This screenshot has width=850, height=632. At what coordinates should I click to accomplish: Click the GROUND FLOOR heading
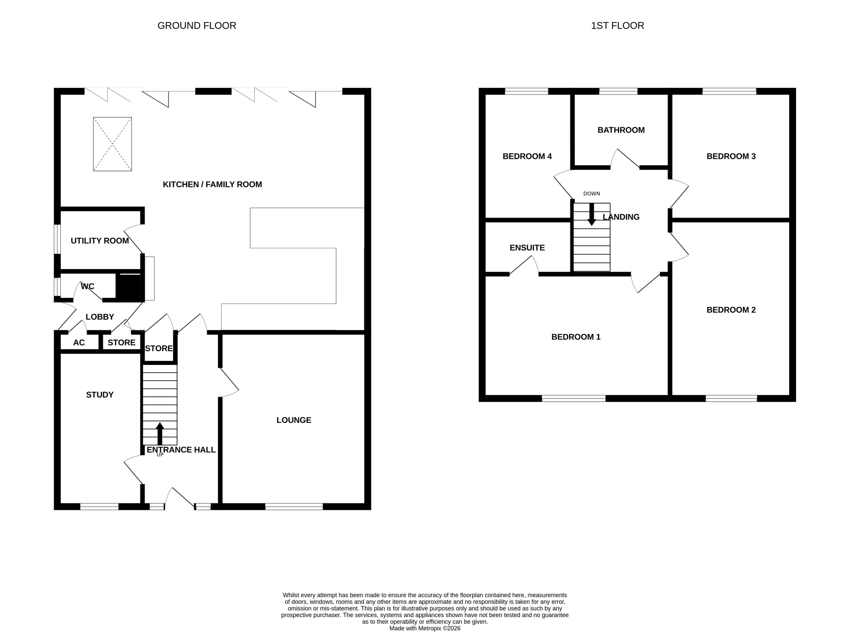(x=197, y=26)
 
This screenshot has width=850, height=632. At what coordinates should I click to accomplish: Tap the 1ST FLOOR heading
(x=617, y=26)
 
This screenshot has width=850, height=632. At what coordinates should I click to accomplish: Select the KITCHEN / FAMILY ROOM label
(x=212, y=184)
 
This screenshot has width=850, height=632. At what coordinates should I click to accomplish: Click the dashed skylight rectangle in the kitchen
(x=112, y=144)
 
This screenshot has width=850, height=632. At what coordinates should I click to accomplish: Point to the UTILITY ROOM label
(x=99, y=241)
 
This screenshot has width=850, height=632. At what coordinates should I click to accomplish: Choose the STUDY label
(x=99, y=395)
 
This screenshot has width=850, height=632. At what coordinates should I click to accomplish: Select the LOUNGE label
(x=294, y=420)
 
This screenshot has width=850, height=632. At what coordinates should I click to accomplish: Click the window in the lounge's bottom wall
(x=294, y=507)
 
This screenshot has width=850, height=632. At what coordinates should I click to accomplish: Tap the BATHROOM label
(x=621, y=130)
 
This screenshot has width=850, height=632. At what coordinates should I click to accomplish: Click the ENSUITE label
(x=527, y=248)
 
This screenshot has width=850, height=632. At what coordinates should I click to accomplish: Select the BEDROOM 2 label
(x=731, y=310)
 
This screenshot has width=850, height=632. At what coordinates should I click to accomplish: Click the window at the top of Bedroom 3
(x=729, y=91)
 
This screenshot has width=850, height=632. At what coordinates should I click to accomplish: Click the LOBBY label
(x=99, y=317)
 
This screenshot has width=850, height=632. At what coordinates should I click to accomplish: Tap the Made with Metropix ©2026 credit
(x=425, y=628)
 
